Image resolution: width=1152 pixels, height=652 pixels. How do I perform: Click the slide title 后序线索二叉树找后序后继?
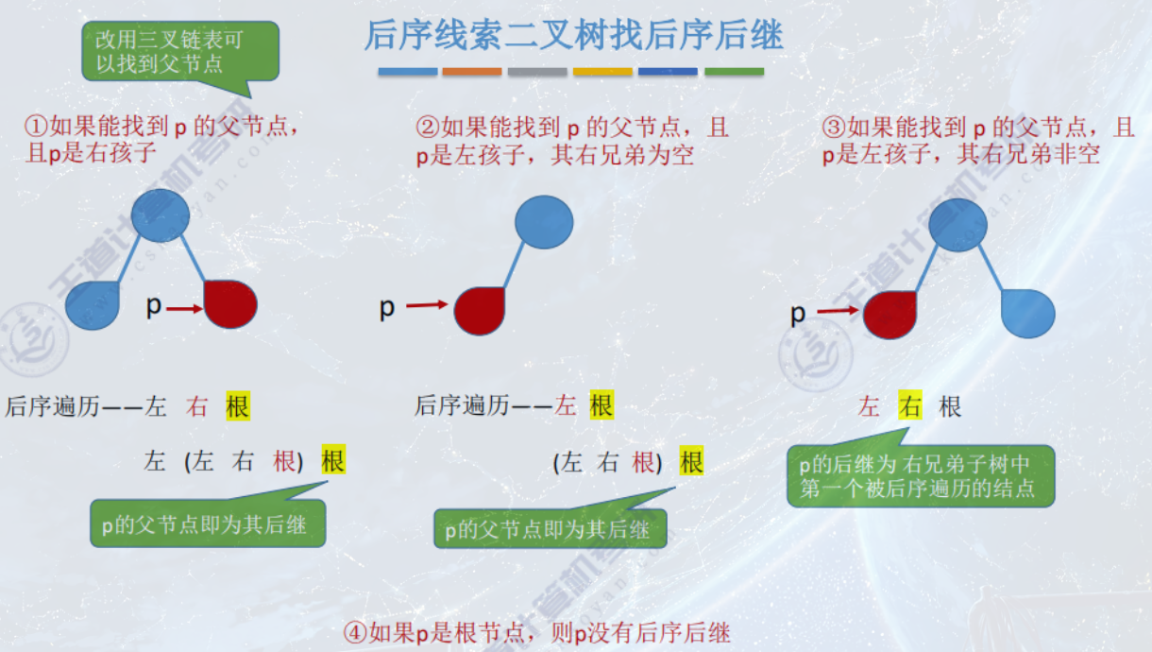573,36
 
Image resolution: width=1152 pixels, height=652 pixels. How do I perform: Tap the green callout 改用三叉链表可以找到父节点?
176,51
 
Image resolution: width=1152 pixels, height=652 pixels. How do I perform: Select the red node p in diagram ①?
230,303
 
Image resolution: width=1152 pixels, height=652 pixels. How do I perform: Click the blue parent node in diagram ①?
161,214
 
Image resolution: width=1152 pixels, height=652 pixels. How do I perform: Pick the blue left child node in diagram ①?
93,305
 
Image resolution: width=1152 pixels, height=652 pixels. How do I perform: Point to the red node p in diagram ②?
480,311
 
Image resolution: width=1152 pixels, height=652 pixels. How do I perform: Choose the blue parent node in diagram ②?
544,223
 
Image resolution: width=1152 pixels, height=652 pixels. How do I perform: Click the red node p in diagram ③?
889,314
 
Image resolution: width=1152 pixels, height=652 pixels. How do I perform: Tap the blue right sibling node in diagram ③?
1027,313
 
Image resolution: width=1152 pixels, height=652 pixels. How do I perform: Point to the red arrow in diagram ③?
839,310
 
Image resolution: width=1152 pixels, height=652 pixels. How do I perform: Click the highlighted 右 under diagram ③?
909,406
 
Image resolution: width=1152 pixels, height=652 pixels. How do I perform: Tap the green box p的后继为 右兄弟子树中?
920,475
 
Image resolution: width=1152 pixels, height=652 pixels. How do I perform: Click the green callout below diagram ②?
551,529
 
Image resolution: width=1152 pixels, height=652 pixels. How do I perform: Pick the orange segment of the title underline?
472,72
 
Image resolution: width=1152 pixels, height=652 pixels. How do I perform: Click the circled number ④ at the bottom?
354,632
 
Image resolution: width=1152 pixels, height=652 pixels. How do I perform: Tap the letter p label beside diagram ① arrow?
154,305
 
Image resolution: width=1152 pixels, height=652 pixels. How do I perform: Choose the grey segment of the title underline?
537,72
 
